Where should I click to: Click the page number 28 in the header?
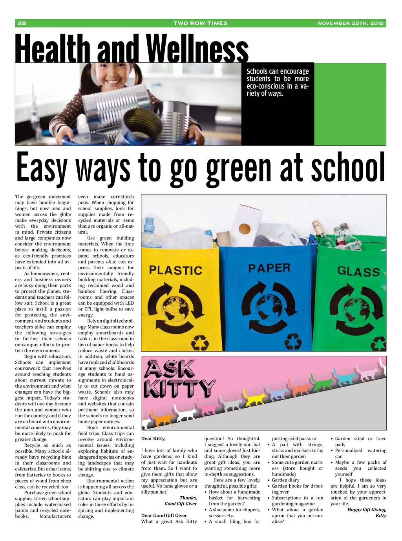(x=22, y=23)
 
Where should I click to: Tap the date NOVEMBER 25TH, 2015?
(x=351, y=23)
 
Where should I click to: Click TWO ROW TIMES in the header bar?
(x=201, y=23)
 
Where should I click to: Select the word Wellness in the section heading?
(x=197, y=49)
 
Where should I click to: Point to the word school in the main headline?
(x=348, y=169)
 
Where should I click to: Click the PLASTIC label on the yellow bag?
(x=175, y=270)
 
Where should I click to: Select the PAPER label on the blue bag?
(x=269, y=268)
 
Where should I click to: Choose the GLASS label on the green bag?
(x=358, y=271)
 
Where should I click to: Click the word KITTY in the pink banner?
(x=179, y=389)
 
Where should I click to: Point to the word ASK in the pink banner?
(x=170, y=369)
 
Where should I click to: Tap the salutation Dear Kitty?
(x=153, y=439)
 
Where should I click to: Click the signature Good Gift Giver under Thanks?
(x=181, y=504)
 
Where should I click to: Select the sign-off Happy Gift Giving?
(x=367, y=510)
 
